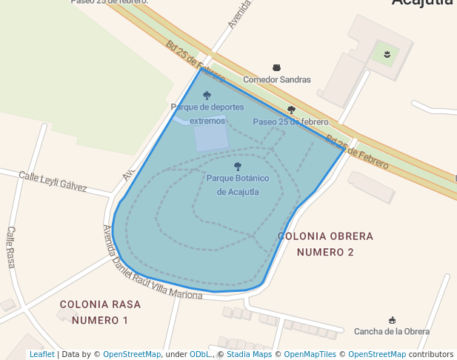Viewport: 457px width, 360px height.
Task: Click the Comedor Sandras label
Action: point(277,79)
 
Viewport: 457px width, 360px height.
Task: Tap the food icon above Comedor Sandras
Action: point(277,67)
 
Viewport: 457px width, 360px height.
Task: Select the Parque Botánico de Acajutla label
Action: point(237,185)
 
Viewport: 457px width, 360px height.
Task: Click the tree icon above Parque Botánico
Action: point(237,167)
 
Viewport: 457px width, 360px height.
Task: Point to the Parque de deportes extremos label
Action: point(207,113)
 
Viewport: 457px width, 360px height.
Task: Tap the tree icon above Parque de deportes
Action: point(207,96)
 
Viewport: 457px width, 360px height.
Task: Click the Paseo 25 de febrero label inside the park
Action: point(291,121)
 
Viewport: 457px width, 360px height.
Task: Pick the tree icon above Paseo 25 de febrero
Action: point(291,110)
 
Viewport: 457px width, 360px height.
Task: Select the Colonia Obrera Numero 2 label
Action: point(325,244)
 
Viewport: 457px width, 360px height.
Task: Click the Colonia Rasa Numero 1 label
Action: point(100,312)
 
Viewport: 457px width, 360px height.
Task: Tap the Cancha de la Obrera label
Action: point(392,331)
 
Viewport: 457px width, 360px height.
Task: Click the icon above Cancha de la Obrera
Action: point(392,319)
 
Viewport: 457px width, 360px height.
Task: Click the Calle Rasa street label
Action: point(11,247)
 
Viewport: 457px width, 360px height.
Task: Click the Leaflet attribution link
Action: point(41,354)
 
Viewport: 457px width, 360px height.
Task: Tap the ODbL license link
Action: point(200,354)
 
